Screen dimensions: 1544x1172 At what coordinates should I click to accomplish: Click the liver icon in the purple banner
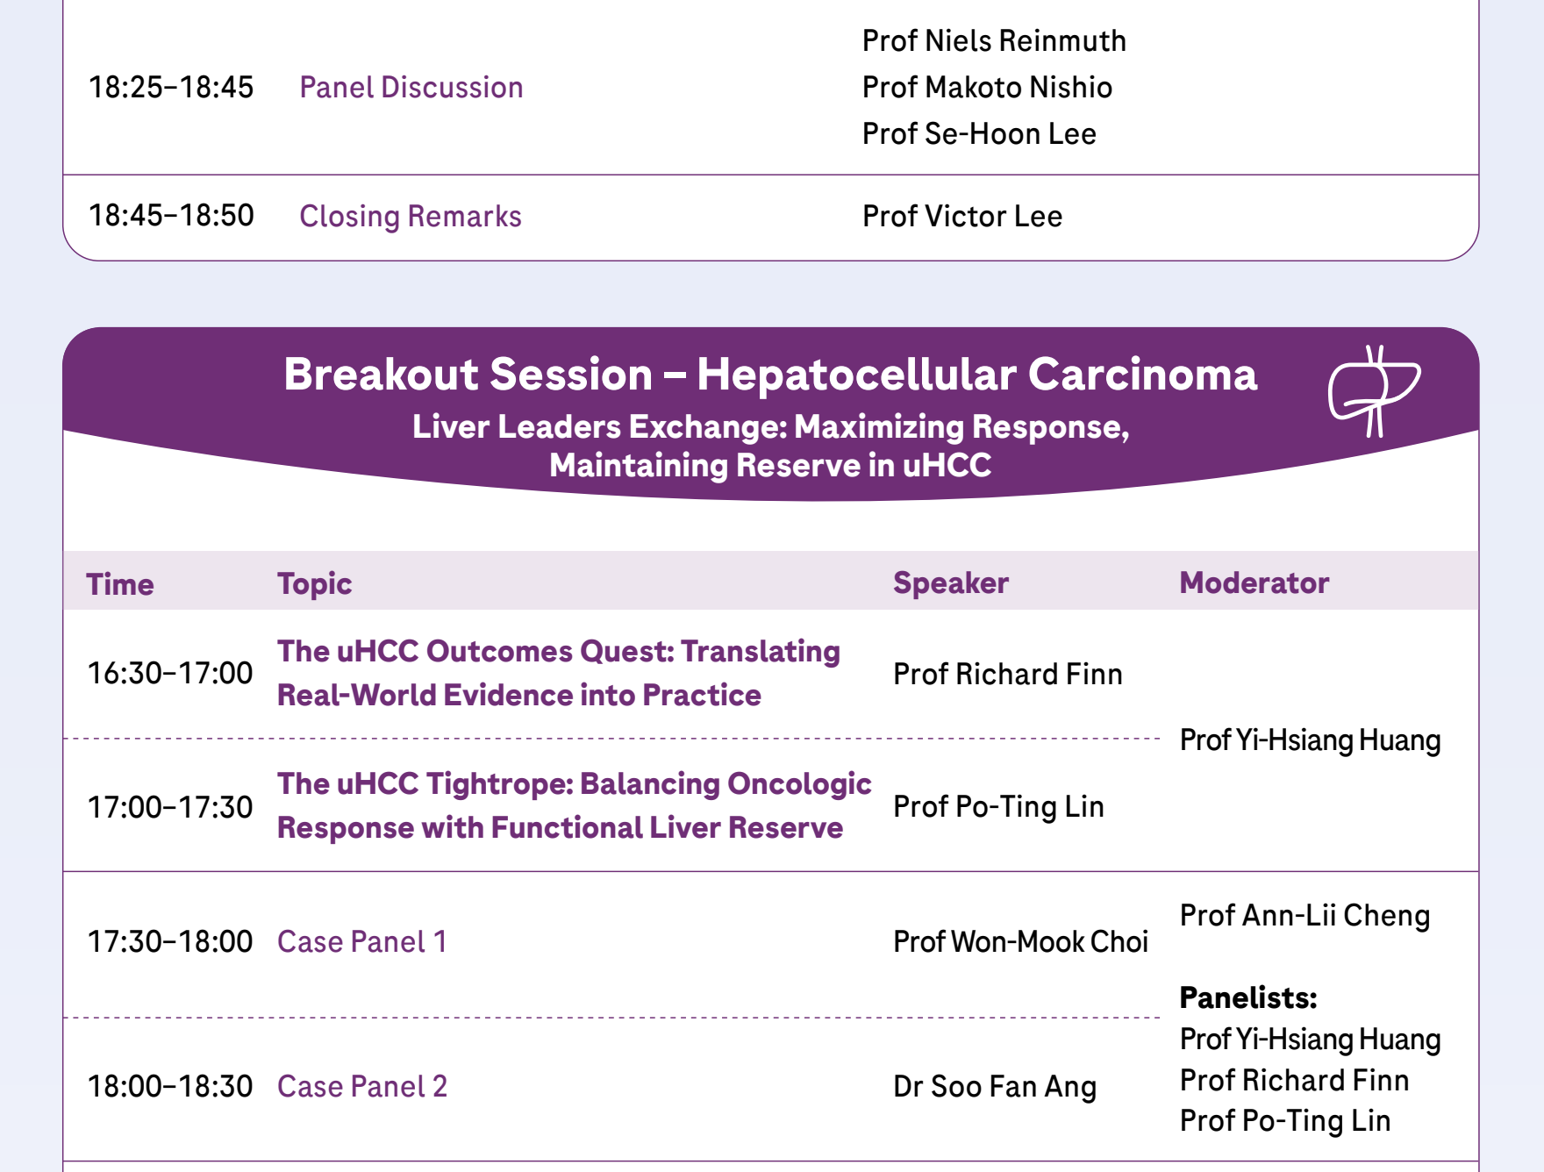click(1374, 390)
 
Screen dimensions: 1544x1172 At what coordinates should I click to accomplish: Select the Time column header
click(120, 584)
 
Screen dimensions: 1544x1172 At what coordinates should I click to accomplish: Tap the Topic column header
click(314, 584)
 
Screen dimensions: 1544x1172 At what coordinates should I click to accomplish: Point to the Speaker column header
click(951, 583)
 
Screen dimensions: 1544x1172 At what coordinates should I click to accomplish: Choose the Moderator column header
click(1254, 582)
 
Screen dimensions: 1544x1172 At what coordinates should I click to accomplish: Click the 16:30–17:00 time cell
click(170, 673)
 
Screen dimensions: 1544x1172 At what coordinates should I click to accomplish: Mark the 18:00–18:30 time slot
click(170, 1086)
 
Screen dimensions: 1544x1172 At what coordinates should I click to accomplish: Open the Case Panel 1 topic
click(362, 941)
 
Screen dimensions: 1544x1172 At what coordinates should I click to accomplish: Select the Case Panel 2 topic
click(362, 1086)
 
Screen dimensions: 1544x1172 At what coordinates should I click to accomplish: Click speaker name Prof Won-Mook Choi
click(1020, 941)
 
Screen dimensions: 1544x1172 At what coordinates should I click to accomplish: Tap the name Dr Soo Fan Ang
click(995, 1087)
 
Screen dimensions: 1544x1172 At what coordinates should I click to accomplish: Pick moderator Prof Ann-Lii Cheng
click(1305, 915)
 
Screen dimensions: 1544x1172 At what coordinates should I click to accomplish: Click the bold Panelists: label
click(1248, 997)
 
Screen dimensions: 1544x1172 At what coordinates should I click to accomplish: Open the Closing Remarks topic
click(411, 216)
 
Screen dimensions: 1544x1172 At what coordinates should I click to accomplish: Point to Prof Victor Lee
click(962, 216)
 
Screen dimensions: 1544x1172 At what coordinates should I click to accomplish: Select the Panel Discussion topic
click(411, 87)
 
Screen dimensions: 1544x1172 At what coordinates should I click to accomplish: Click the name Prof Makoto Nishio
click(987, 87)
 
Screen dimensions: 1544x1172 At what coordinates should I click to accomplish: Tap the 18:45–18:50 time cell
click(171, 215)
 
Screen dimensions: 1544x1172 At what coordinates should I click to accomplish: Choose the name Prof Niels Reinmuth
click(994, 40)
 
